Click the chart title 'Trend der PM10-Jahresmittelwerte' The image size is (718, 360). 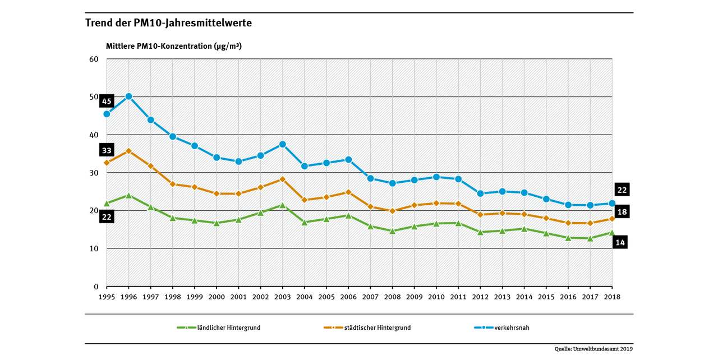point(168,23)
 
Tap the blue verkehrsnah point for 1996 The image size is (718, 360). point(129,96)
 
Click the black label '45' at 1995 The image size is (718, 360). point(107,101)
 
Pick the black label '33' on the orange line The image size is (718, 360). point(107,150)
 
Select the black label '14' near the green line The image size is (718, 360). point(621,242)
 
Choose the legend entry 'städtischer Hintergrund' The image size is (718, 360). point(377,327)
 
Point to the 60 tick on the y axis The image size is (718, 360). point(94,59)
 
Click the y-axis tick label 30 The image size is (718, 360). point(94,173)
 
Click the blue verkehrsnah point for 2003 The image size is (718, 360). point(283,145)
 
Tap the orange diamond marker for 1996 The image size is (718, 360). point(129,151)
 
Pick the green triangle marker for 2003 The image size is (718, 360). point(283,205)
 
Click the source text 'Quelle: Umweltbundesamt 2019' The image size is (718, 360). point(594,349)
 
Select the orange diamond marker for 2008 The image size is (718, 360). point(393,211)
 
